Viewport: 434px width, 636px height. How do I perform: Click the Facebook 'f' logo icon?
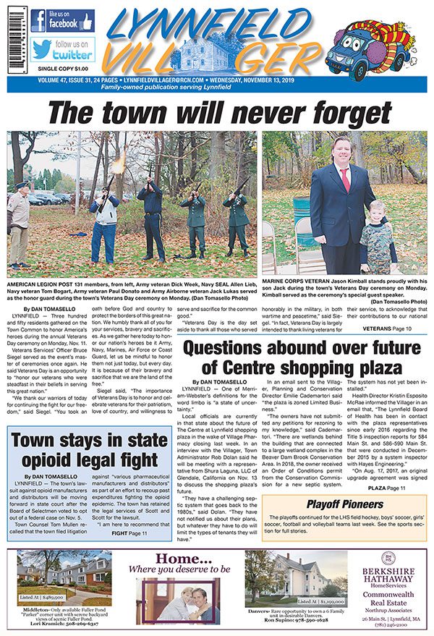(39, 21)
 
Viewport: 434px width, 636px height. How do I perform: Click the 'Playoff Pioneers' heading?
(344, 504)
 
